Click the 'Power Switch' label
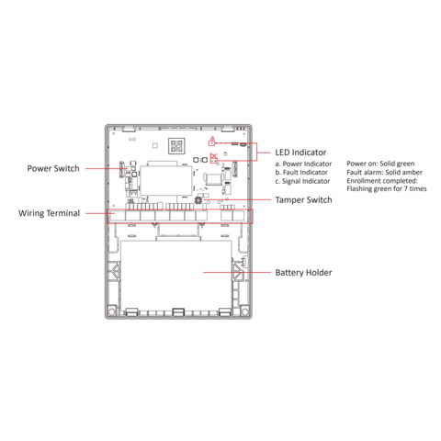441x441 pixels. (x=53, y=168)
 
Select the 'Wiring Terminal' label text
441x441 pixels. (x=49, y=213)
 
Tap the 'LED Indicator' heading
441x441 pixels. (x=300, y=153)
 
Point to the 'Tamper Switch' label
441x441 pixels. (x=303, y=200)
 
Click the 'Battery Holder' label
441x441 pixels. (x=303, y=273)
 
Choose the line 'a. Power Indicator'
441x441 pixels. (x=303, y=164)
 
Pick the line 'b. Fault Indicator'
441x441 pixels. (x=301, y=173)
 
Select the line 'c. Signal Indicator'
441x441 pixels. (x=302, y=181)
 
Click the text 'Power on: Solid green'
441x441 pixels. (x=380, y=164)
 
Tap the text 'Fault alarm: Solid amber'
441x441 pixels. (x=384, y=172)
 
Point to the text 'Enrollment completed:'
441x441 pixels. (x=382, y=181)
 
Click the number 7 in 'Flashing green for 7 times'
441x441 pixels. (x=405, y=188)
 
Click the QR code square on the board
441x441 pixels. (x=176, y=146)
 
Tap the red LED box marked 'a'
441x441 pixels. (x=211, y=143)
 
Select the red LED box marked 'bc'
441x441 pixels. (x=214, y=161)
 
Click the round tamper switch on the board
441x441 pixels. (x=198, y=200)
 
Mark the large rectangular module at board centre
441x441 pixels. (x=166, y=181)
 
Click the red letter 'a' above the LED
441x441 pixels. (x=212, y=138)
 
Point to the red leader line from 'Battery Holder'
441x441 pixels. (x=237, y=272)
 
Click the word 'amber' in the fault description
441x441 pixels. (x=413, y=172)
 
